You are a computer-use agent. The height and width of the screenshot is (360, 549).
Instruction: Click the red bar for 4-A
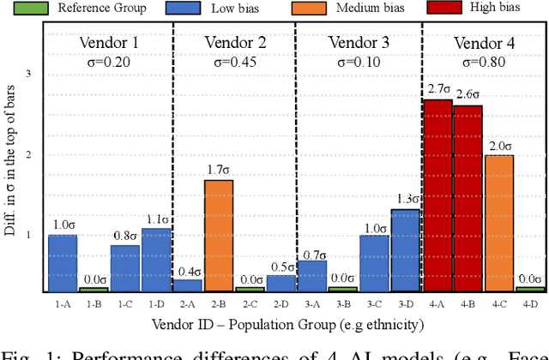437,195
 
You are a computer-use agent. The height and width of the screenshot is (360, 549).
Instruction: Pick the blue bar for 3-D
406,250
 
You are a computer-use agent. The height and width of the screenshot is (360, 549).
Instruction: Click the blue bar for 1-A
63,263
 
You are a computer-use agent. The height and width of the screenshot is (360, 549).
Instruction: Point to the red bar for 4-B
468,198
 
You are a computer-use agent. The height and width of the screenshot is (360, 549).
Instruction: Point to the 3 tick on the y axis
27,75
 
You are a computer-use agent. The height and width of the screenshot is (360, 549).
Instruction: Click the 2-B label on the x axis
219,303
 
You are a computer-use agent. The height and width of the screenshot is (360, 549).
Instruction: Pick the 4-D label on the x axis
530,303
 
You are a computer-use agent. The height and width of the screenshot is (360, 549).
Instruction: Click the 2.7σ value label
437,89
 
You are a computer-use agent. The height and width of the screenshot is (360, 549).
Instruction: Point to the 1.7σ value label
219,170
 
